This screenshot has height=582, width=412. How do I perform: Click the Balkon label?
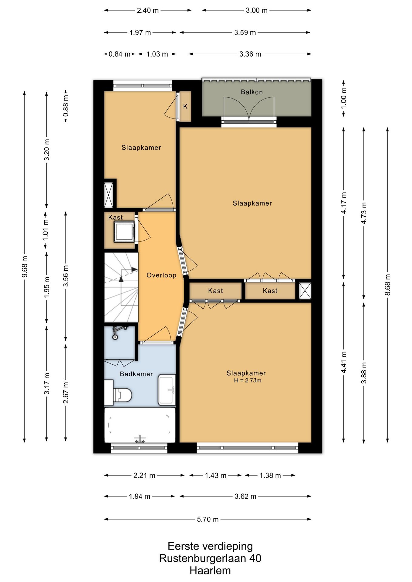(252, 92)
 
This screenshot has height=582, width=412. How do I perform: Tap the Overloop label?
(161, 275)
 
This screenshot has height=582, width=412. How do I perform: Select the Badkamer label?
(136, 374)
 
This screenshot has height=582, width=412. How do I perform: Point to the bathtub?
(140, 425)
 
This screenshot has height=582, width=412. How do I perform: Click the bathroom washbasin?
(167, 390)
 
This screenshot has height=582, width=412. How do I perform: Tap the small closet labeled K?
(185, 106)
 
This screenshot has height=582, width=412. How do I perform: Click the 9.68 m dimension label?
(25, 266)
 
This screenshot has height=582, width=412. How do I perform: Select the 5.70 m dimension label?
(208, 519)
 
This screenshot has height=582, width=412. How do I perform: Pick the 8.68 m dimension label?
(387, 285)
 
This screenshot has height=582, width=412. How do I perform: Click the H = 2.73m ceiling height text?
(248, 380)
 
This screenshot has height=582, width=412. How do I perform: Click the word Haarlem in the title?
(210, 570)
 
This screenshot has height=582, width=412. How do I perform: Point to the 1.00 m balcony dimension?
(343, 98)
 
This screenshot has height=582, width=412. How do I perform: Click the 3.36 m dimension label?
(250, 54)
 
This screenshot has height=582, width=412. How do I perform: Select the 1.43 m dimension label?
(216, 475)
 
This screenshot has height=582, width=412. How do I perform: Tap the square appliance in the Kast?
(124, 232)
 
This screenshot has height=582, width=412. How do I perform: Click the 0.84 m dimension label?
(120, 54)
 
